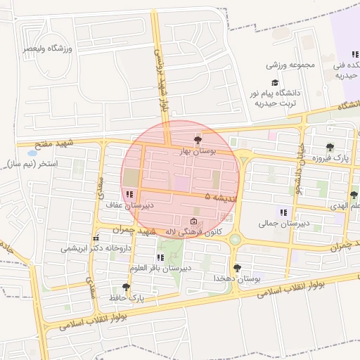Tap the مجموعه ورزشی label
click(288, 65)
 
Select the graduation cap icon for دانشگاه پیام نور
click(274, 82)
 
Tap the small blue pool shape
click(32, 152)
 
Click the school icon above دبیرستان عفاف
click(129, 194)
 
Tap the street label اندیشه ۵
click(220, 198)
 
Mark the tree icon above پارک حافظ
click(126, 287)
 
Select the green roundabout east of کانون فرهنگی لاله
click(235, 240)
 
